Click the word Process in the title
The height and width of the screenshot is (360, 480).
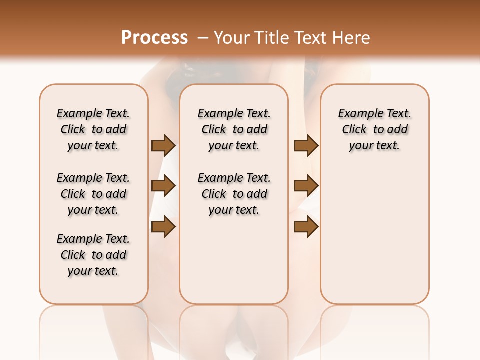[154, 37]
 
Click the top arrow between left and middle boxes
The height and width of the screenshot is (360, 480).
[163, 145]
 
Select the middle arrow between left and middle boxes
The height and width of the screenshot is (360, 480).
[163, 186]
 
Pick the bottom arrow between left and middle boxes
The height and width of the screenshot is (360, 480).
[163, 227]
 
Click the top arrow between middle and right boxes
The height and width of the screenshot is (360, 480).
[306, 145]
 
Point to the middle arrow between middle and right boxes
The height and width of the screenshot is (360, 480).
[306, 186]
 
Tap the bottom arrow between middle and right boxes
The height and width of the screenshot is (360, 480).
[306, 227]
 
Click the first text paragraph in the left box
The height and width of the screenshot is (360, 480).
[93, 129]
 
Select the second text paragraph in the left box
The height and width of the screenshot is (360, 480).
[93, 194]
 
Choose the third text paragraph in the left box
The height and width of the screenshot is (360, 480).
[93, 255]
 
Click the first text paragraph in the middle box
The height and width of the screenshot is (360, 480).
[234, 129]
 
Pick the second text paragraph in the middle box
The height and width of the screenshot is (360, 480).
[234, 194]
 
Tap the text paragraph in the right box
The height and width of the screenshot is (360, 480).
[374, 129]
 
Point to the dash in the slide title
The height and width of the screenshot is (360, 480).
[203, 37]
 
